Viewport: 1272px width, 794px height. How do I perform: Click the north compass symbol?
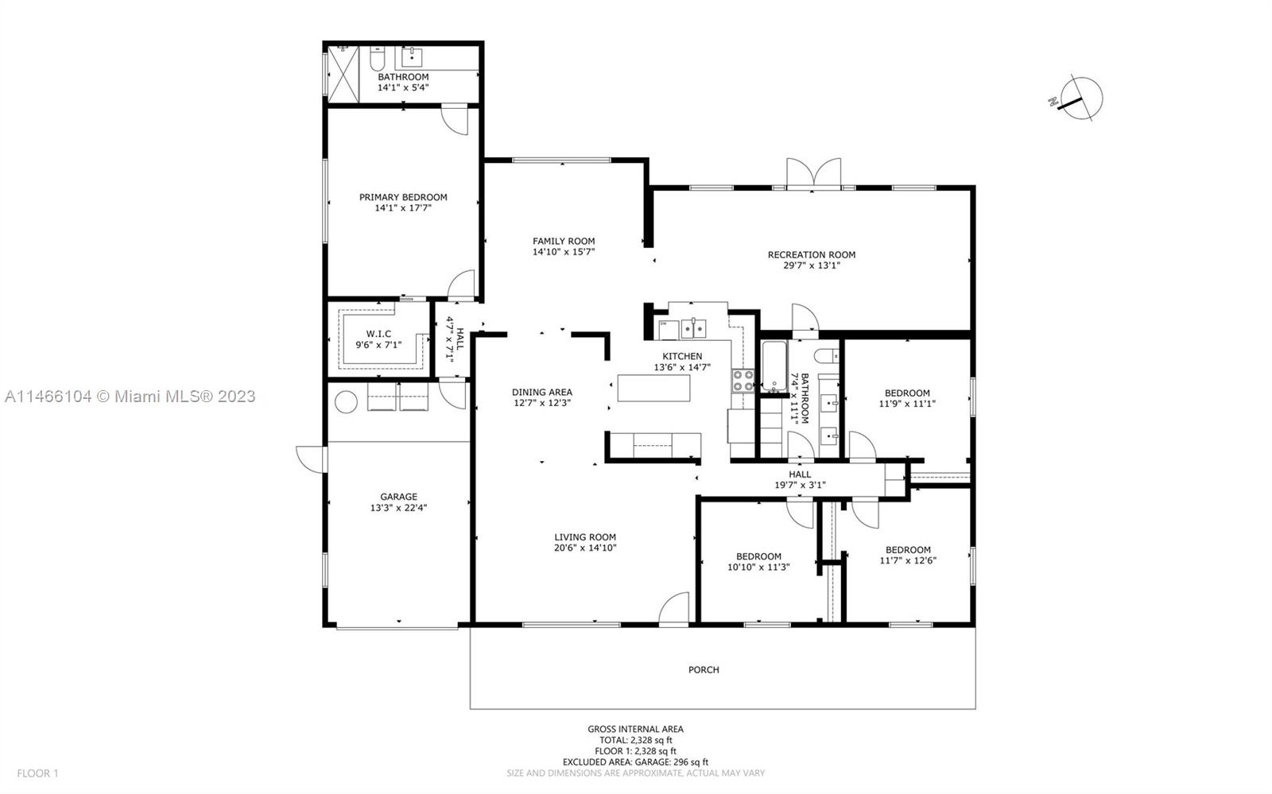[x=1076, y=99]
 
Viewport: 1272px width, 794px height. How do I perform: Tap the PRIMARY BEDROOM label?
[x=403, y=197]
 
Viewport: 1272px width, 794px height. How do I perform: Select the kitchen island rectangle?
[x=653, y=388]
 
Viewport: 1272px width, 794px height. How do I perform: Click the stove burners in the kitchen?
[x=743, y=380]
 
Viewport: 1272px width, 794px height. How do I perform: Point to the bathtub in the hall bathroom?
[x=774, y=366]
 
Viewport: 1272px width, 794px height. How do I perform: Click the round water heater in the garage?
[x=346, y=402]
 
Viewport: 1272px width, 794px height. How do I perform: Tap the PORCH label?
[x=704, y=670]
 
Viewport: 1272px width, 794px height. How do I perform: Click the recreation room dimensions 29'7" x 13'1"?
[x=812, y=265]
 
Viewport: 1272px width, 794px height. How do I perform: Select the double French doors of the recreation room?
[x=813, y=172]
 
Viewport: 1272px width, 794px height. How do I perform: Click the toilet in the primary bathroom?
[x=377, y=58]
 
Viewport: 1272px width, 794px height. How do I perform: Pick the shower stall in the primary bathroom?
[x=343, y=74]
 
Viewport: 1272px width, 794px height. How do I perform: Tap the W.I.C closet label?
[x=378, y=334]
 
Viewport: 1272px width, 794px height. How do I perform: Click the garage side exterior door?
[x=310, y=459]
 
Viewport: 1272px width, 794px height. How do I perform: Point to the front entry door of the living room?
[x=674, y=608]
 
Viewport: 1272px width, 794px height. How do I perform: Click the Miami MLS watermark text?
[x=130, y=396]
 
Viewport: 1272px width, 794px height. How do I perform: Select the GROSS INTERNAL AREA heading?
[x=635, y=729]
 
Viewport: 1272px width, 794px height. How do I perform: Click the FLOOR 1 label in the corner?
[x=37, y=773]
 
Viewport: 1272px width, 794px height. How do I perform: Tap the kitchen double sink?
[x=694, y=328]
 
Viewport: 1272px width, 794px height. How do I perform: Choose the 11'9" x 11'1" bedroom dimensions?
[x=907, y=404]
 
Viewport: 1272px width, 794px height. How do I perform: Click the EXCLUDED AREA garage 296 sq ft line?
[x=635, y=762]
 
